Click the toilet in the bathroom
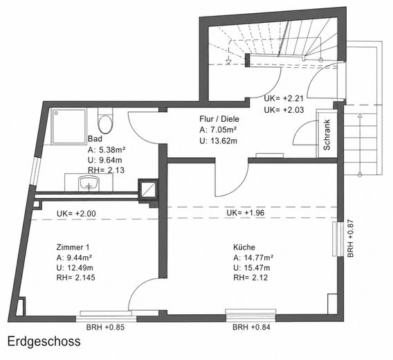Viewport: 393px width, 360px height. coord(105,121)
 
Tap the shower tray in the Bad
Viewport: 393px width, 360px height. coord(69,126)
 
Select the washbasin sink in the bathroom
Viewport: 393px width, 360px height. coord(89,183)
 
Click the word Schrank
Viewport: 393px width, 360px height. coord(327,135)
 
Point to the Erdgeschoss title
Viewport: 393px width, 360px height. coord(44,341)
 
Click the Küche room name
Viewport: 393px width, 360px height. coord(244,247)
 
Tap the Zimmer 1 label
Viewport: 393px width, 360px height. coord(73,247)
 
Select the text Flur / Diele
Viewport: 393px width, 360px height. coord(219,118)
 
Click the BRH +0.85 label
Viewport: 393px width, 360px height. coord(105,327)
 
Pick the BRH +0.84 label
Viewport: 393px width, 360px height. coord(251,327)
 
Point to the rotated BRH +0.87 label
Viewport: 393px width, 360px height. coord(350,238)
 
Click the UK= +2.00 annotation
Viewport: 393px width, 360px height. coord(76,213)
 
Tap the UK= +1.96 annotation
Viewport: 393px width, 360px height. coord(246,213)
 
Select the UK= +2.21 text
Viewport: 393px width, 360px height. coord(284,98)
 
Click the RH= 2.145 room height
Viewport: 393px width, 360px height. coord(75,278)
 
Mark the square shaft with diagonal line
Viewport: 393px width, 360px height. coord(148,189)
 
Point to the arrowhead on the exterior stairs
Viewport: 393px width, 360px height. coord(360,116)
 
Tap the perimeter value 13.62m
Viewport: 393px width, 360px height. coord(222,141)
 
